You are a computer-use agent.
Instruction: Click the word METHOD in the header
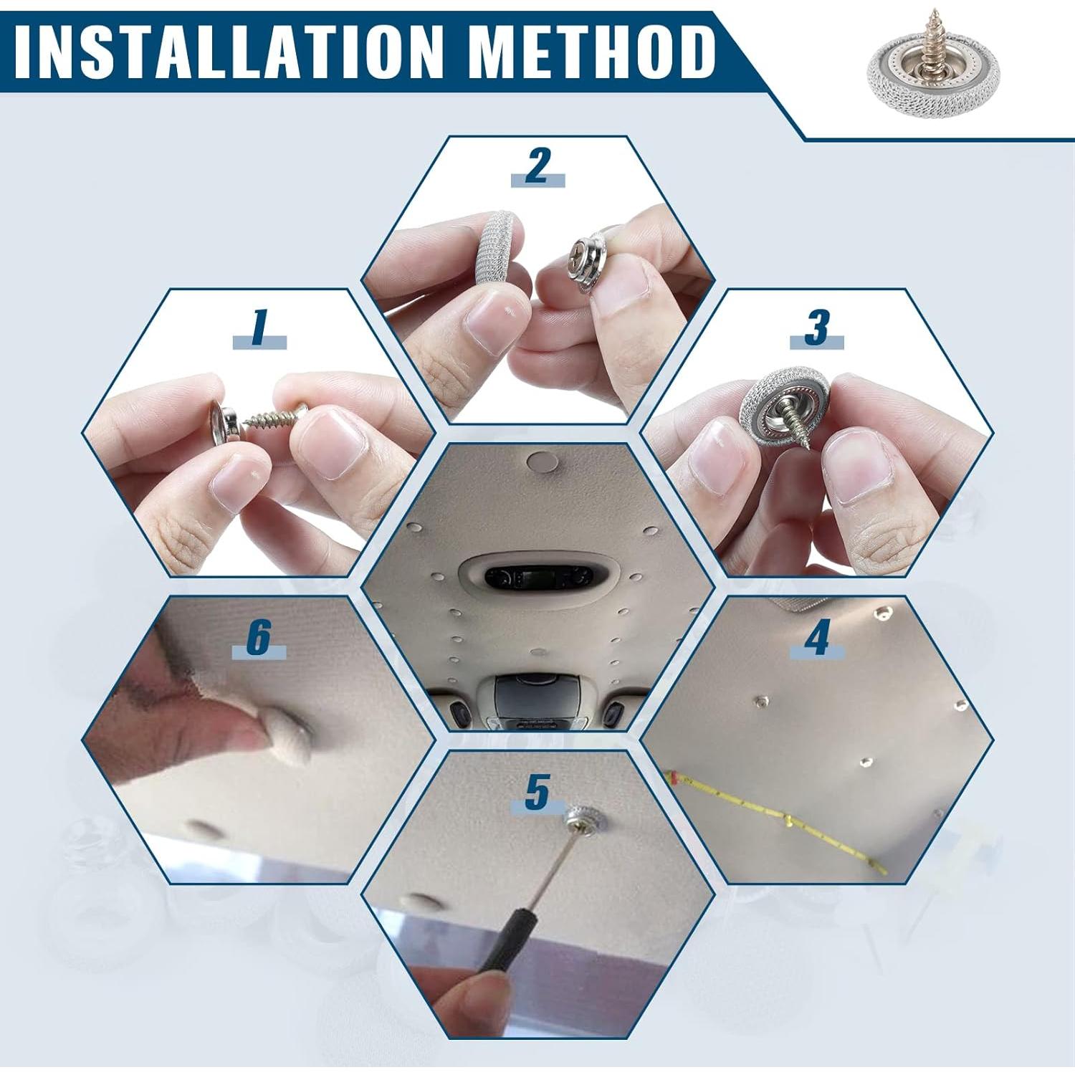pyautogui.click(x=595, y=52)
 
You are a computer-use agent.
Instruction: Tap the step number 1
pyautogui.click(x=259, y=328)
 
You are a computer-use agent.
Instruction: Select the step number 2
pyautogui.click(x=537, y=166)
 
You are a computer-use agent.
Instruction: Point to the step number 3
pyautogui.click(x=816, y=328)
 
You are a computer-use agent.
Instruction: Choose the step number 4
pyautogui.click(x=817, y=636)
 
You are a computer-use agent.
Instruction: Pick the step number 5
pyautogui.click(x=537, y=792)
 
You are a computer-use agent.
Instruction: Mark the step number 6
pyautogui.click(x=259, y=636)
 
